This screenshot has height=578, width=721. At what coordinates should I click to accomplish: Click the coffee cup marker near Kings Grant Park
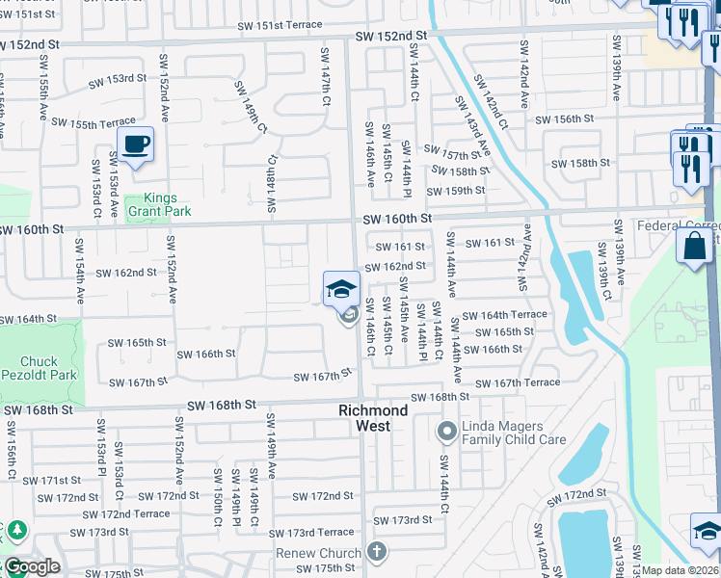click(136, 145)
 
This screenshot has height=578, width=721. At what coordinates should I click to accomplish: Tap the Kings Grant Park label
click(161, 204)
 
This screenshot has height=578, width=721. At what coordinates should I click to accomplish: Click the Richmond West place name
click(373, 417)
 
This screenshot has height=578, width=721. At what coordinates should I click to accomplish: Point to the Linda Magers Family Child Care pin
click(446, 430)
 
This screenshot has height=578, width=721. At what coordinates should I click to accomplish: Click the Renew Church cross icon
click(376, 552)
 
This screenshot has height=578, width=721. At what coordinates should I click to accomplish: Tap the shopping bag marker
click(694, 246)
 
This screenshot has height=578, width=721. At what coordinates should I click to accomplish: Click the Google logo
click(31, 566)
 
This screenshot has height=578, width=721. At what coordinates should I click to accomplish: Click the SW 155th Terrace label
click(93, 123)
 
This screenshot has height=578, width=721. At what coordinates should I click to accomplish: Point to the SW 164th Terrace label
click(504, 315)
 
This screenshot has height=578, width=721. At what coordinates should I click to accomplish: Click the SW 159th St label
click(456, 191)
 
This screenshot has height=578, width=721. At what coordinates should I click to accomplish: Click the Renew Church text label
click(318, 553)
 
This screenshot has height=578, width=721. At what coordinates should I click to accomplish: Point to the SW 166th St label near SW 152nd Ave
click(206, 354)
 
